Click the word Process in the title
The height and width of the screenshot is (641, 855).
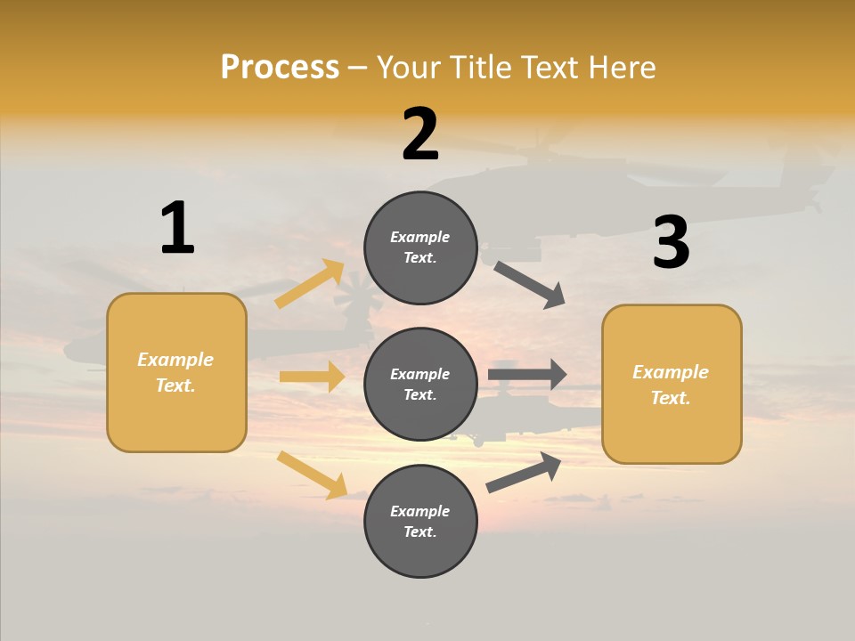point(280,67)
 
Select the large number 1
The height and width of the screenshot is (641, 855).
point(177,228)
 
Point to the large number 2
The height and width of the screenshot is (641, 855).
point(420,134)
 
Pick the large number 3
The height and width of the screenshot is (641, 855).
point(671,242)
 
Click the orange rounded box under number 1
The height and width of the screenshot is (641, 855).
point(176,372)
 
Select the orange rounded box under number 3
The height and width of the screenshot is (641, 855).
point(672,384)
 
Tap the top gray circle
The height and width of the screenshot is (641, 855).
point(420,247)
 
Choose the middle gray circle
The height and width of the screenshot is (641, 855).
point(420,384)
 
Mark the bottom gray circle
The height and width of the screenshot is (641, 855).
point(420,521)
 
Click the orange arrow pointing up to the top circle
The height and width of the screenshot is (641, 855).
point(310,284)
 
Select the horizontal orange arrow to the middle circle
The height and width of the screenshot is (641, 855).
point(312,377)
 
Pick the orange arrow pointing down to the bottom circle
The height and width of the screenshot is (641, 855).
point(312,475)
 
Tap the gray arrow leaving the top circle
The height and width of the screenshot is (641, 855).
point(529,284)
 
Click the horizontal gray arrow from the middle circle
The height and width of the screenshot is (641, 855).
point(527,374)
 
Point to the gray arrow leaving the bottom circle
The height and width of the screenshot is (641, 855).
point(524,472)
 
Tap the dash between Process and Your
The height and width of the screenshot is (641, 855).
point(358,68)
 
